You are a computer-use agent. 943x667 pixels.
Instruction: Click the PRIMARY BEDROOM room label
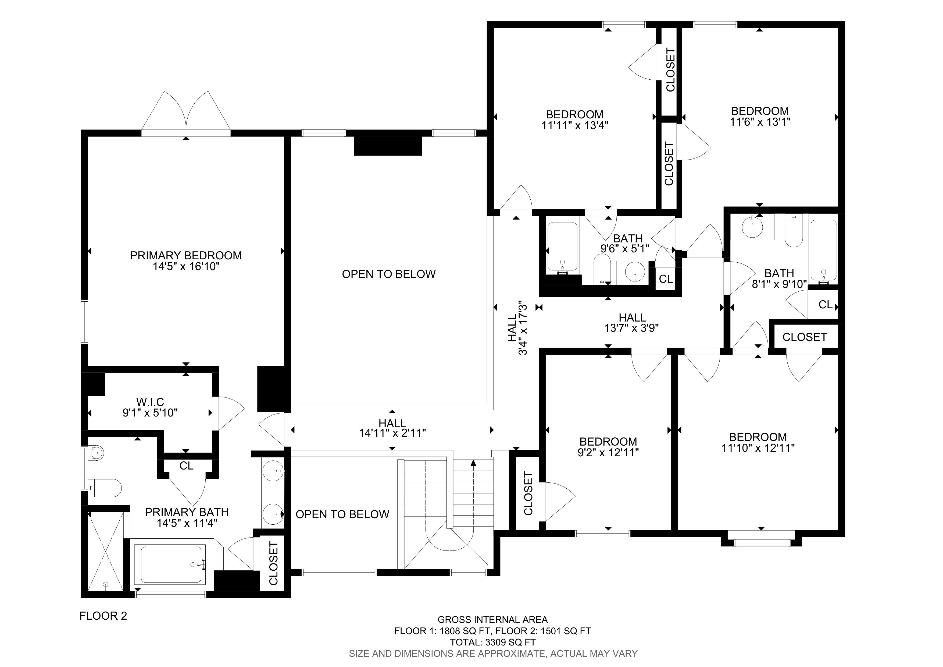point(186,255)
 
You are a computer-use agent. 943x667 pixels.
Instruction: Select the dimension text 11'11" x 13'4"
point(574,125)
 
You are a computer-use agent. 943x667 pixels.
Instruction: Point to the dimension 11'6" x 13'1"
point(760,122)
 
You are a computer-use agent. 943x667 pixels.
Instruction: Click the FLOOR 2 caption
point(103,616)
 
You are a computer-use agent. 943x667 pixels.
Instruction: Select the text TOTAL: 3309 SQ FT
point(493,642)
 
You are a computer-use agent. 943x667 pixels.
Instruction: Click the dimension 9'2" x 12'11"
point(608,453)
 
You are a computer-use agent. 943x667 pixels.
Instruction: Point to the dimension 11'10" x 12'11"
point(758,448)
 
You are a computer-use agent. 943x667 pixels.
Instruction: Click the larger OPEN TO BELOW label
point(388,274)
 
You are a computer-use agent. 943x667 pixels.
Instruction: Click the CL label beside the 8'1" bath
point(825,305)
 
